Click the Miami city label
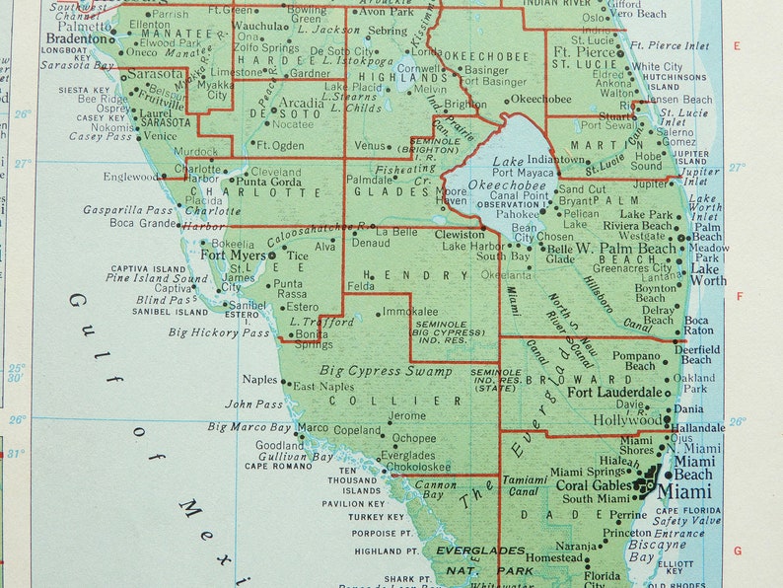click(684, 491)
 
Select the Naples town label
click(260, 379)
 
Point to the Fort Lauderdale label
click(615, 392)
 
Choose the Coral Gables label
click(592, 484)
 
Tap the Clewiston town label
click(461, 235)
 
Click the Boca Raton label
click(696, 327)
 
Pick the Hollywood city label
click(627, 420)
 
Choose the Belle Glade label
click(559, 255)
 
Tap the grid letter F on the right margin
click(737, 295)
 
